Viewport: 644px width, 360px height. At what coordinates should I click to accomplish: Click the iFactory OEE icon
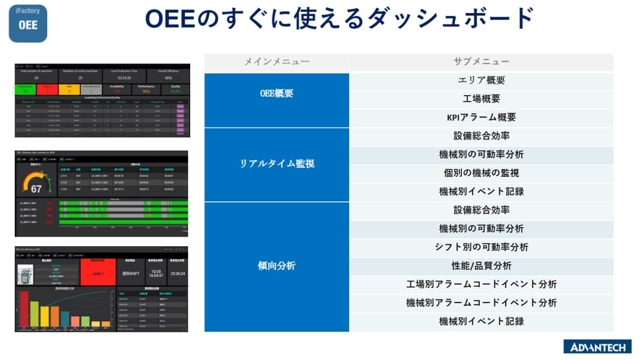28,23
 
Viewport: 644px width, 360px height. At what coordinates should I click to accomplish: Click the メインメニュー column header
277,62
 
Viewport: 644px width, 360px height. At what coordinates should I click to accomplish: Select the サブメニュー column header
481,62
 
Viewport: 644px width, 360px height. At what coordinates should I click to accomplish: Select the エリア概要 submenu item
481,81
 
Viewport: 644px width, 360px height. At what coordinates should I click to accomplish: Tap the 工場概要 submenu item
481,99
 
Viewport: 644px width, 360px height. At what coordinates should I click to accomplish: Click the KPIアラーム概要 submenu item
481,117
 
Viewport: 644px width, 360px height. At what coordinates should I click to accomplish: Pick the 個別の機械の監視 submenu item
481,173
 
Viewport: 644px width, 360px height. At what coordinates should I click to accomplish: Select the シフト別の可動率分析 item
481,247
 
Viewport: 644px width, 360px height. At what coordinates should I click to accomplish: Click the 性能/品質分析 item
481,266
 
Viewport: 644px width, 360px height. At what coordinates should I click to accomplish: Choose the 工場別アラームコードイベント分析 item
481,284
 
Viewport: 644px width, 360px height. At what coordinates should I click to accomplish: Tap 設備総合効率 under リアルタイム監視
481,136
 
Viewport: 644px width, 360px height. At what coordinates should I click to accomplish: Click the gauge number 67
36,189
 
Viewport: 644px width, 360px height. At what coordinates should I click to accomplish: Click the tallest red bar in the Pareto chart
24,309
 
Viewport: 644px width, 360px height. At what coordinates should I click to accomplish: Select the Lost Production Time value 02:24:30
124,78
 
